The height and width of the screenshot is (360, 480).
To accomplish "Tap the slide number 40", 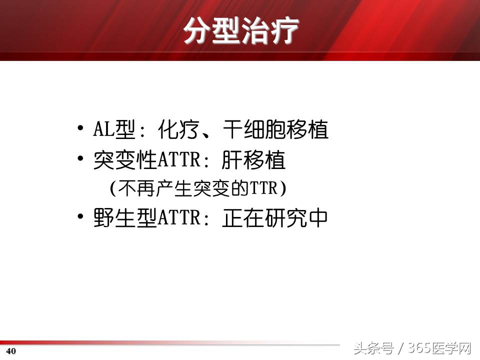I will [11, 351].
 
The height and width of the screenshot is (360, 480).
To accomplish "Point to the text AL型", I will [114, 130].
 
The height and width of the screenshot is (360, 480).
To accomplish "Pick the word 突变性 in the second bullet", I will [125, 161].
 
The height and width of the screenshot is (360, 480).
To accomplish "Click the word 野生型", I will [125, 218].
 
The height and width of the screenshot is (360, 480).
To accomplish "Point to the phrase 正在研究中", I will [275, 218].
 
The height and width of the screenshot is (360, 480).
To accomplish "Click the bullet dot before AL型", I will [80, 128].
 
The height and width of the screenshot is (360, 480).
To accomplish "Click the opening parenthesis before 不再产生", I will [112, 188].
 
